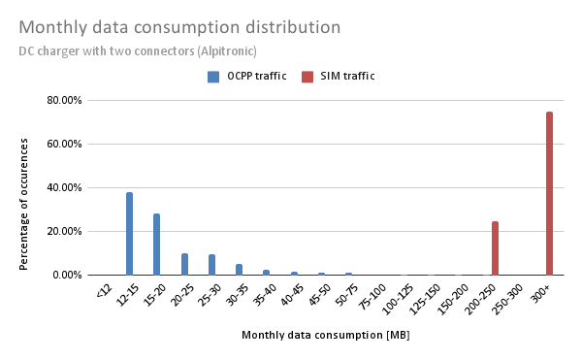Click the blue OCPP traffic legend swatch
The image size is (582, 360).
point(212,76)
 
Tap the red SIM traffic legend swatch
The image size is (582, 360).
point(307,76)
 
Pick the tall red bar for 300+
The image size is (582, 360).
point(549,193)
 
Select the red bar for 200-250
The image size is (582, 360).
point(495,248)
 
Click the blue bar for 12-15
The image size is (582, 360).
point(129,234)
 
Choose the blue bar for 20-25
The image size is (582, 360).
point(184,264)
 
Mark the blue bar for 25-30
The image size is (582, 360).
point(211,265)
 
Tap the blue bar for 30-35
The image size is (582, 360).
point(239,270)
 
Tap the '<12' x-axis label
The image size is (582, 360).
point(104,289)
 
